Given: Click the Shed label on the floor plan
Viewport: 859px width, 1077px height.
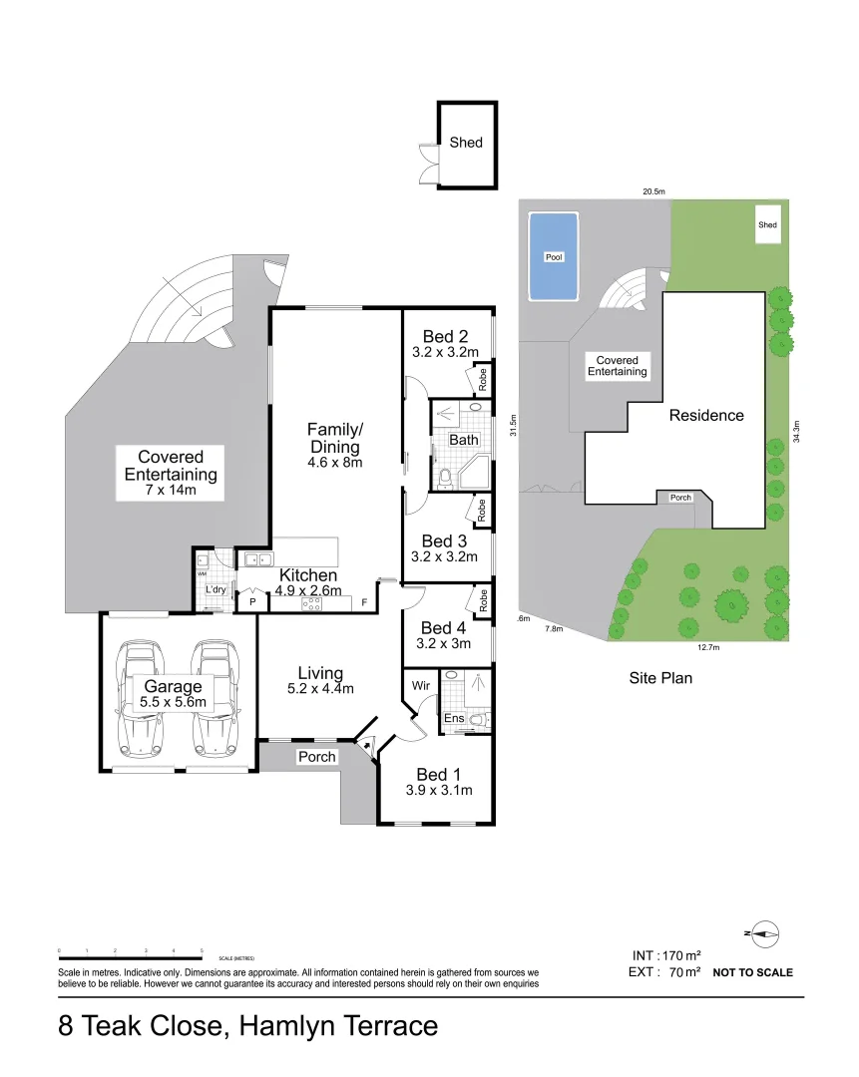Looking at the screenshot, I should (465, 143).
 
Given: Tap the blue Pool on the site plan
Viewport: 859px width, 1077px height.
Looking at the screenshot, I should (554, 256).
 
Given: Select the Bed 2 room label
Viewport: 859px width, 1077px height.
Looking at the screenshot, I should (445, 336).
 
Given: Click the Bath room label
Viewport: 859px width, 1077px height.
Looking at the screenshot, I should (463, 440).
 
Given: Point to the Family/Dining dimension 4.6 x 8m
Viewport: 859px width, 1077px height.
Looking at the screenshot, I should (334, 463).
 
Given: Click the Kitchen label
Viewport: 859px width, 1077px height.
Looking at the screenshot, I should (307, 575).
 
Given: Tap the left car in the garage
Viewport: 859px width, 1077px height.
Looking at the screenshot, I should (139, 697).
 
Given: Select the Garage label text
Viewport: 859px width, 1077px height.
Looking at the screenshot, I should (173, 686).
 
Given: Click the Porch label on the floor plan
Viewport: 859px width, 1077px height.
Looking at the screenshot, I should (317, 757).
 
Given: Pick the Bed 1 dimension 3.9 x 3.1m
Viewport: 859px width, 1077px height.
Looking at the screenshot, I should (438, 791).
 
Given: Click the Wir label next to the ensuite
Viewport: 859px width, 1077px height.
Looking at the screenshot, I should (421, 686).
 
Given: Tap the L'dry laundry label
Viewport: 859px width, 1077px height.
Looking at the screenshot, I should (215, 590).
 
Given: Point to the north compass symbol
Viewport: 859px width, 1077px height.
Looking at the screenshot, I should (764, 934).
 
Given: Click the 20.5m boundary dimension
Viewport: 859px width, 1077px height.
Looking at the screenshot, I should (653, 190).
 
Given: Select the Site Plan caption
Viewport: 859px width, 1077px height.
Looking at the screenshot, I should (659, 678).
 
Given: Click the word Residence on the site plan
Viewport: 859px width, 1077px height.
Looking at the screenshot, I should (705, 416).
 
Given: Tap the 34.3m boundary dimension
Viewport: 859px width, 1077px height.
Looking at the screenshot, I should (796, 431).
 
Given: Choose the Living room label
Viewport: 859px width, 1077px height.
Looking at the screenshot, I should (319, 673).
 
